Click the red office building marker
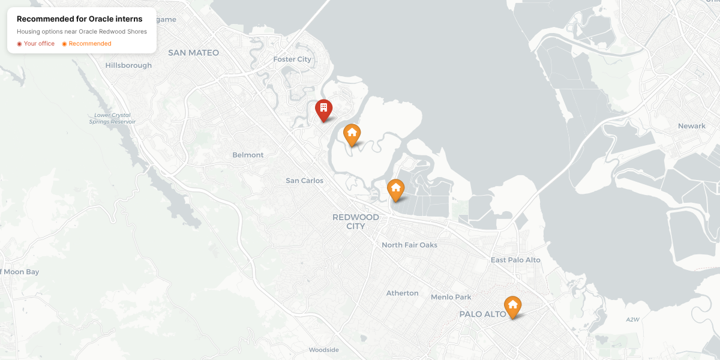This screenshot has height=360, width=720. (323, 109)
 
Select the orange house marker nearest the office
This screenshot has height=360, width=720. (352, 134)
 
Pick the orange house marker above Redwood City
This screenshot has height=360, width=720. (395, 189)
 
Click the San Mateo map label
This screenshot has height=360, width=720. (193, 53)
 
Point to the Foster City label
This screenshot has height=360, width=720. (292, 59)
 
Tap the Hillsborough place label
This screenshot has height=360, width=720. (128, 65)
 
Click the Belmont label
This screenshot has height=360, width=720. (248, 155)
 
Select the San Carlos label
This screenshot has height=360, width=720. (304, 181)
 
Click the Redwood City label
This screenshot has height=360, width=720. (356, 221)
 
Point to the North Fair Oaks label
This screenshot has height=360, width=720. (409, 245)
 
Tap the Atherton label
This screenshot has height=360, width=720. (402, 293)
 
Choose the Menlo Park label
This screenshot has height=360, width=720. (451, 297)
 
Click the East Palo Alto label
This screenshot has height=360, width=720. (515, 260)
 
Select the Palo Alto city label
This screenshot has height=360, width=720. (482, 314)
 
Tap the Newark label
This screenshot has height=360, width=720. (692, 126)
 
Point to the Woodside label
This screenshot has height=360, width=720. (323, 350)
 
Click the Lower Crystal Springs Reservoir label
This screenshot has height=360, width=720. (112, 118)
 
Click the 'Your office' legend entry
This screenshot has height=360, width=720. (36, 44)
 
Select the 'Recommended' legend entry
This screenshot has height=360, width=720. (87, 44)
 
